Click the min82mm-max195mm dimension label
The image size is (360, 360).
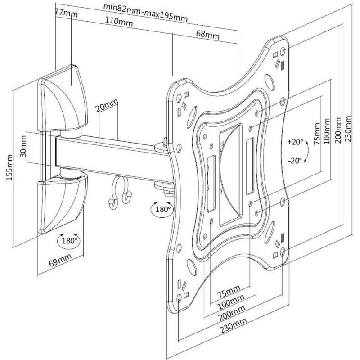tap(145, 13)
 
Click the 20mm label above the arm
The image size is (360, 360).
tap(107, 106)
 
